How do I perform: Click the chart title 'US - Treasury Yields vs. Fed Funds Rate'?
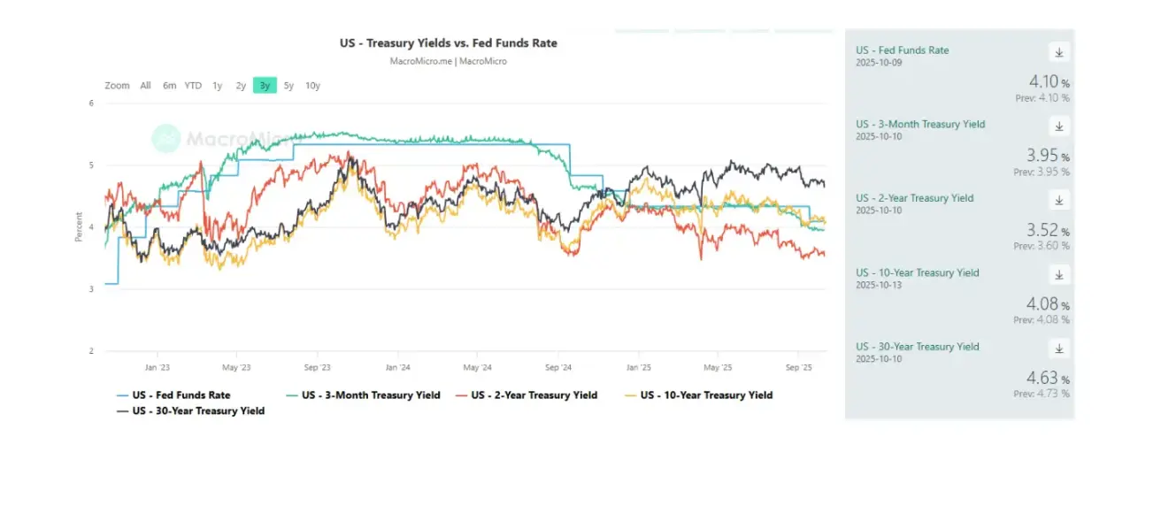tap(449, 42)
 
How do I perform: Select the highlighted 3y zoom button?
tap(265, 86)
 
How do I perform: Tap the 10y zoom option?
tap(312, 86)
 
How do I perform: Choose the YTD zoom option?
tap(193, 86)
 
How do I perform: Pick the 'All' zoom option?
tap(145, 86)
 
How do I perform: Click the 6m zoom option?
tap(169, 86)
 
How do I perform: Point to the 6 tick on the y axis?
tap(91, 103)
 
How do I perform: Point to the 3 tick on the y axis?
tap(91, 289)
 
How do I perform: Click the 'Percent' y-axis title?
tap(79, 227)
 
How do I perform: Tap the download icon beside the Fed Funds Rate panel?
tap(1058, 51)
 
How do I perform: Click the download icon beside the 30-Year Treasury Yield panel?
tap(1058, 348)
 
